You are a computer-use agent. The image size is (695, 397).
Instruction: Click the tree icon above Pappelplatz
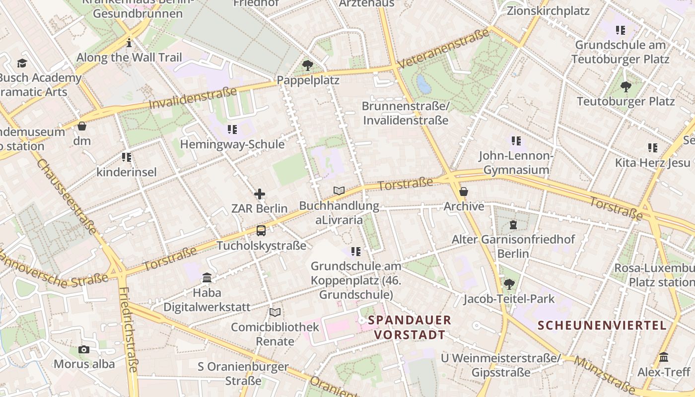(308, 65)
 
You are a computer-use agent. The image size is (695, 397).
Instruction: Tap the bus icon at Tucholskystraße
(261, 231)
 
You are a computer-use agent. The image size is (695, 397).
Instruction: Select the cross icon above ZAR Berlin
(260, 194)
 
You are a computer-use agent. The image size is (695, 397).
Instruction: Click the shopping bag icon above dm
(82, 126)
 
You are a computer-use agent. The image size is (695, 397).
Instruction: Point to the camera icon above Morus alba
(84, 349)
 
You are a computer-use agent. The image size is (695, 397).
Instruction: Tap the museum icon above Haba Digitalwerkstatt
(207, 278)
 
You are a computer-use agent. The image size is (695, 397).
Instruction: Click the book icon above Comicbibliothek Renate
(275, 312)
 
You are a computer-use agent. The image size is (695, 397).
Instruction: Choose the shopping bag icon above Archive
(464, 192)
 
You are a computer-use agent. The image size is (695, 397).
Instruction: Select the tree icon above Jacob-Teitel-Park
(509, 284)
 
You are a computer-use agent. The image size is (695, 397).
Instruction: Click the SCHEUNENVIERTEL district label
(602, 326)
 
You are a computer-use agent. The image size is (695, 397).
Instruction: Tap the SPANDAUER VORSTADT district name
(410, 328)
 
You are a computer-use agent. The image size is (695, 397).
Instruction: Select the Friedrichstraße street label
(128, 330)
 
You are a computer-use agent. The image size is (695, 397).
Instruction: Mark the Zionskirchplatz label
(548, 10)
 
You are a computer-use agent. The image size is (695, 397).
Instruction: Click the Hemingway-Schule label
(232, 144)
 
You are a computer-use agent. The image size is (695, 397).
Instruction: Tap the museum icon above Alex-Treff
(664, 357)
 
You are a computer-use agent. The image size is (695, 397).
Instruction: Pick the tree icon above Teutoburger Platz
(625, 87)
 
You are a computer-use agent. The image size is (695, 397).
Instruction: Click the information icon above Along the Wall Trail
(129, 43)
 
